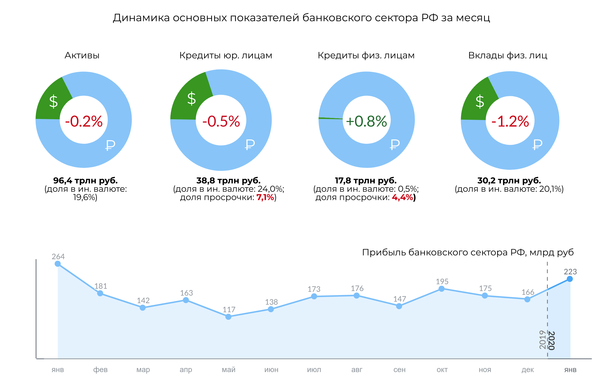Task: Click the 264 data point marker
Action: tap(58, 264)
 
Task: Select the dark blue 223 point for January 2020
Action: tap(570, 279)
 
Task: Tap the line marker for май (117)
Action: tap(228, 317)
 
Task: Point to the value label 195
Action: tap(442, 281)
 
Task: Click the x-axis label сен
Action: tap(399, 370)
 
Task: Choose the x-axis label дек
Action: tap(528, 370)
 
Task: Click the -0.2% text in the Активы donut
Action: tap(84, 121)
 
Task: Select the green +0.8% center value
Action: tap(366, 121)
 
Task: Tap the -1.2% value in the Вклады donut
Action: tap(510, 121)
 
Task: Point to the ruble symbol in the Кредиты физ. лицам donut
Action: tap(395, 144)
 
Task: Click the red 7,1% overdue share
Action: tap(265, 197)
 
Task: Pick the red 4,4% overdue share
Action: tap(402, 197)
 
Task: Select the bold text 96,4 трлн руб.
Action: tap(85, 180)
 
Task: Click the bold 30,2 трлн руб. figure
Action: tap(509, 180)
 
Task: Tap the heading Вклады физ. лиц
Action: tap(508, 55)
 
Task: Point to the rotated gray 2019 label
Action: tap(542, 340)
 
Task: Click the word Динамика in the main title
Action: tap(141, 18)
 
